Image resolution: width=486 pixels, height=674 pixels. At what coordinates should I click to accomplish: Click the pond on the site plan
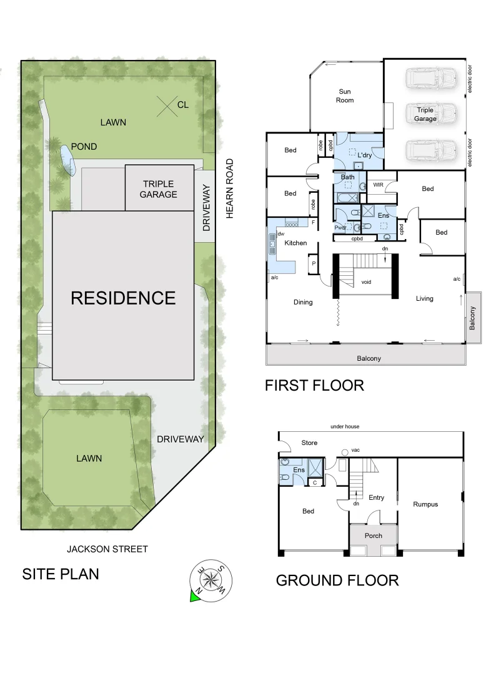point(66,160)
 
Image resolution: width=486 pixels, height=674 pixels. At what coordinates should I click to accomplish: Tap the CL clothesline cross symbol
point(166,105)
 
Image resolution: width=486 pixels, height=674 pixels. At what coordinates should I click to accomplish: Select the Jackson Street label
point(107,549)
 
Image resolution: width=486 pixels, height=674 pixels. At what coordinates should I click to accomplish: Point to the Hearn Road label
point(229,188)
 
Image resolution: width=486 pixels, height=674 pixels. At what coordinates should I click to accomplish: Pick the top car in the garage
point(425,78)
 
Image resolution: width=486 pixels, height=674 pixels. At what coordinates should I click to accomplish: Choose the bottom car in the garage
point(425,150)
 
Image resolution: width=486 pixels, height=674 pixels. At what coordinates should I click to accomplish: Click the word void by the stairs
point(366,282)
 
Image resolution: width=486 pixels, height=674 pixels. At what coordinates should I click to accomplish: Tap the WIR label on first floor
point(378,185)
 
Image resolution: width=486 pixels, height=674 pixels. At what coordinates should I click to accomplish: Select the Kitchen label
point(295,243)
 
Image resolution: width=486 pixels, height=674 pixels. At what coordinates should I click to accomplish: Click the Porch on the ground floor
point(373,535)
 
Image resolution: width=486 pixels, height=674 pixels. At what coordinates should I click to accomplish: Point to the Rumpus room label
point(425,504)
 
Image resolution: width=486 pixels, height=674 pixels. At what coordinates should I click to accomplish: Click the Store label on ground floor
point(309,443)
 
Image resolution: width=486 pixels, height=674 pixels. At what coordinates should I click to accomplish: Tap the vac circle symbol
point(344,452)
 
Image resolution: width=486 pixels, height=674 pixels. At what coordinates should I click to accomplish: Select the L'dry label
point(365,155)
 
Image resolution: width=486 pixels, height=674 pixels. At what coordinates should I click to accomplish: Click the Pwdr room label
point(340,228)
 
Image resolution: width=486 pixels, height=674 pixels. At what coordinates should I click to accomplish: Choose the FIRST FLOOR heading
point(314,385)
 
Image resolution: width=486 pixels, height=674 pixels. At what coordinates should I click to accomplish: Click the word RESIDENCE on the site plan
point(123,298)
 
